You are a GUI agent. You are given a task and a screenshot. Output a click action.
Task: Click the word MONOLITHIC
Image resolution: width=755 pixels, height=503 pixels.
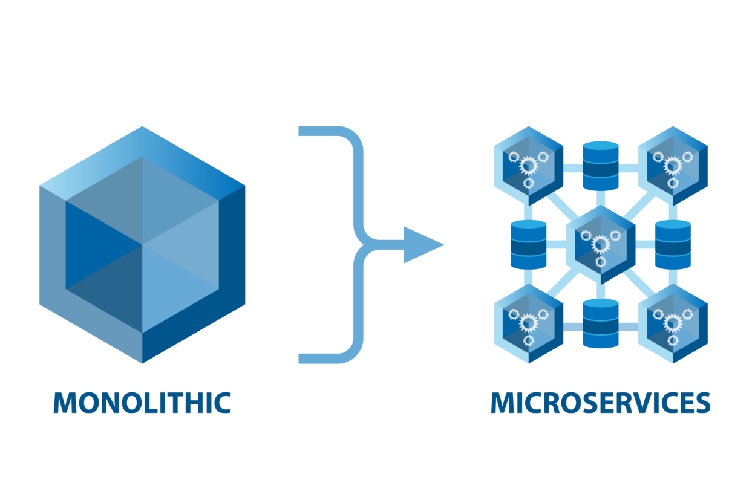(142, 403)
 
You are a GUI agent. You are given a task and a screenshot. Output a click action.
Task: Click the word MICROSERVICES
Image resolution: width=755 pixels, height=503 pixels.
(600, 403)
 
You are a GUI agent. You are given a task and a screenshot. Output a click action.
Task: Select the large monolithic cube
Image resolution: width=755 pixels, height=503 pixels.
(142, 245)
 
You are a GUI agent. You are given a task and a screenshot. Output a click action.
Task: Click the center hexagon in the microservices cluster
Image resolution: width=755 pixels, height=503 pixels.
(600, 244)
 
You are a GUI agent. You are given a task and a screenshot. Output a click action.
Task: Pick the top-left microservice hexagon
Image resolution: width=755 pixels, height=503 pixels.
(528, 166)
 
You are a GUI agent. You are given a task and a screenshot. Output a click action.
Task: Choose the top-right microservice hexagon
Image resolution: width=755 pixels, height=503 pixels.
(673, 166)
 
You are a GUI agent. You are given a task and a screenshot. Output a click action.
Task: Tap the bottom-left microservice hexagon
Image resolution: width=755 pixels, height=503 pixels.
(528, 323)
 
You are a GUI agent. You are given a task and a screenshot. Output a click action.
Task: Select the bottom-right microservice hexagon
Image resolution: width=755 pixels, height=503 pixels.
(673, 323)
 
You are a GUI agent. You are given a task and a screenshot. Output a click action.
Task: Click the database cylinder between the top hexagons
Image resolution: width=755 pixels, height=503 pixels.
(600, 166)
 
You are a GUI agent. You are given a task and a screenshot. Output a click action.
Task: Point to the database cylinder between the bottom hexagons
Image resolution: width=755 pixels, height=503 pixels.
(600, 323)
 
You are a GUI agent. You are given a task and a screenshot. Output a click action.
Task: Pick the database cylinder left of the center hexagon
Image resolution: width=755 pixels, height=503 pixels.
(528, 244)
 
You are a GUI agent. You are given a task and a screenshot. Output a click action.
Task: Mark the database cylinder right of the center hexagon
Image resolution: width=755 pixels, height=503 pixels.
(673, 244)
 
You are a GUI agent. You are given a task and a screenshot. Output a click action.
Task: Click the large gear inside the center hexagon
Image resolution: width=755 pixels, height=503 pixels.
(600, 244)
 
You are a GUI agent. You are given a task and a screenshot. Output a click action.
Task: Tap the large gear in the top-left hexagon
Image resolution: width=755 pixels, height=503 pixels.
(528, 164)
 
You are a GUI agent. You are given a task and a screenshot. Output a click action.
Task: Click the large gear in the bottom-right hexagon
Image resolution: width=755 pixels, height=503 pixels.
(673, 322)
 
